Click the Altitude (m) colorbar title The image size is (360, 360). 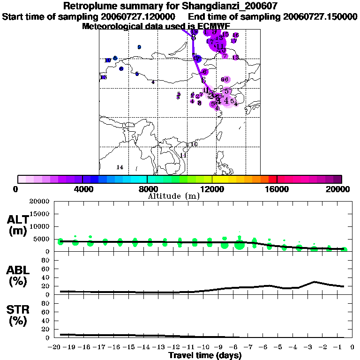pyautogui.click(x=173, y=196)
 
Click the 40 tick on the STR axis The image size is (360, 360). pyautogui.click(x=46, y=321)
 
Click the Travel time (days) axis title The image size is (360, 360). pyautogui.click(x=205, y=356)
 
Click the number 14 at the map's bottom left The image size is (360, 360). pyautogui.click(x=120, y=167)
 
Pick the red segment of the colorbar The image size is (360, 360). pyautogui.click(x=272, y=179)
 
